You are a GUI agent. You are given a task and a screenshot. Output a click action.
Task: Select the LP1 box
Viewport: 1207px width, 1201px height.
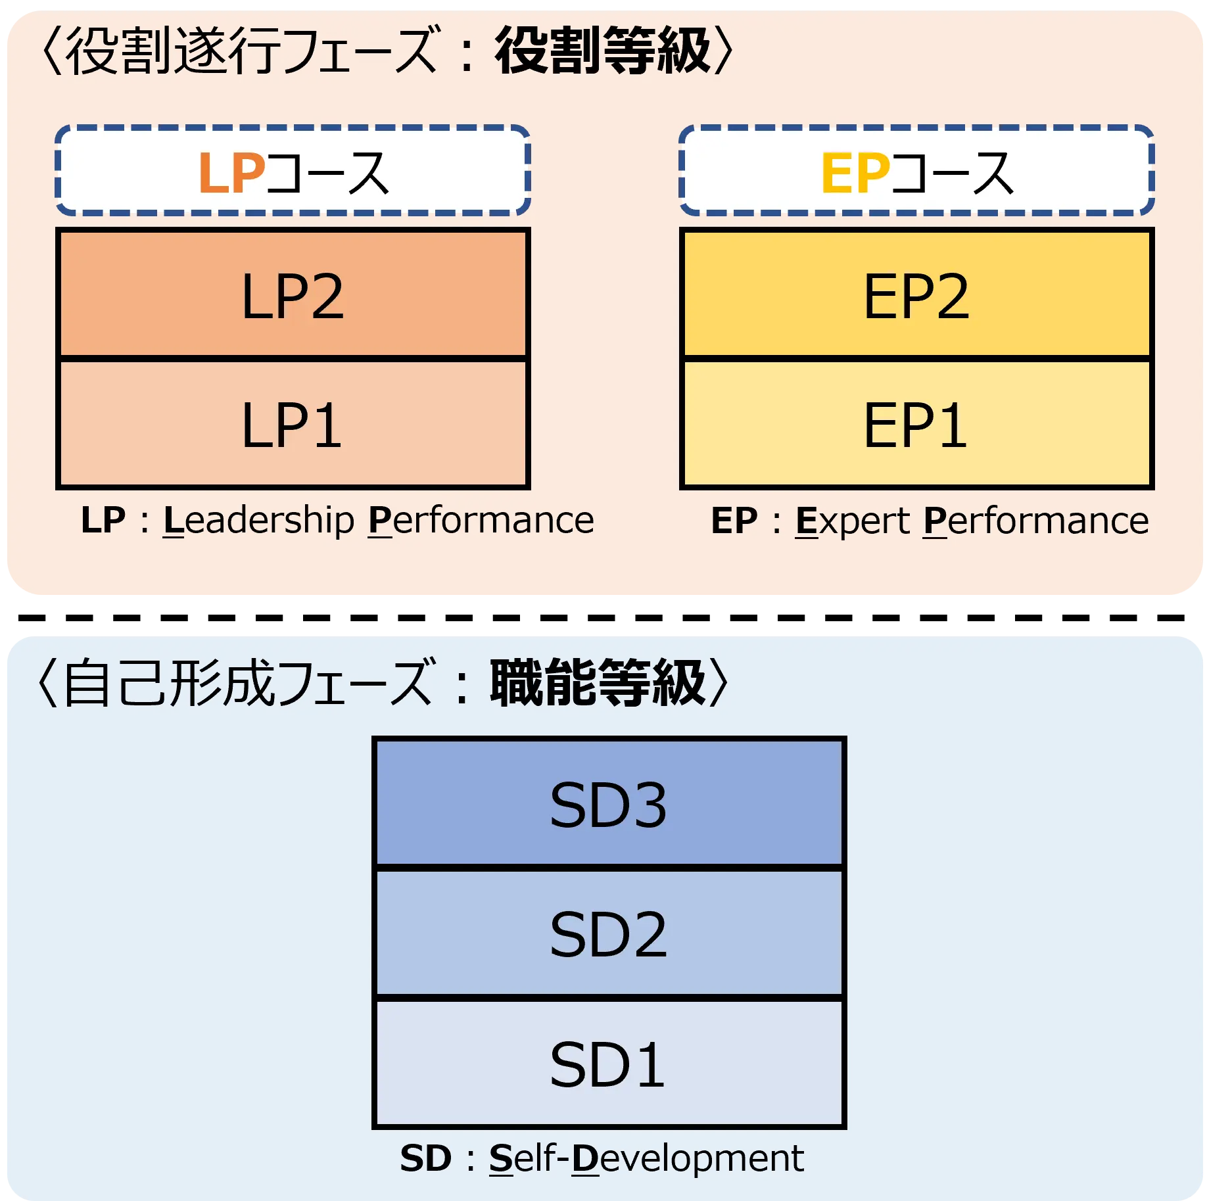click(293, 424)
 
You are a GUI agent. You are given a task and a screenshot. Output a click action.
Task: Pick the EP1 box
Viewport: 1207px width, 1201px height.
click(916, 424)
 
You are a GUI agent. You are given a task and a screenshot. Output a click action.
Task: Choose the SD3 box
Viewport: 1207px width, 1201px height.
click(609, 803)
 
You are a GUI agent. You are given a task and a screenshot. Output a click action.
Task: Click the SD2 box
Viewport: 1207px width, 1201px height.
click(609, 933)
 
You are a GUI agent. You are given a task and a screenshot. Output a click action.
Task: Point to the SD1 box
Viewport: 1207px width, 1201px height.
click(609, 1063)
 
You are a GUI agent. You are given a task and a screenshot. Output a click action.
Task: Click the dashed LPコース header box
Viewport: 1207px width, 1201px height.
click(293, 170)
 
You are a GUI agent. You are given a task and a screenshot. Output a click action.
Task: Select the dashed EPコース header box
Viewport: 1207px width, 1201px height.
click(916, 170)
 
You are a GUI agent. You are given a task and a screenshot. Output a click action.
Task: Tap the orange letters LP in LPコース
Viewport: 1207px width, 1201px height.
click(231, 173)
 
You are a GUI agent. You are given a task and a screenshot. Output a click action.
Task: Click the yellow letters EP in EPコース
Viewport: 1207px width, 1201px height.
click(855, 173)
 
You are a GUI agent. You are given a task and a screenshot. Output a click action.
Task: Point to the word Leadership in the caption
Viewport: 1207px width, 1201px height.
click(259, 521)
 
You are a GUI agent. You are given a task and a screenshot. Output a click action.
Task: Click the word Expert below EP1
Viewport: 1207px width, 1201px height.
click(852, 521)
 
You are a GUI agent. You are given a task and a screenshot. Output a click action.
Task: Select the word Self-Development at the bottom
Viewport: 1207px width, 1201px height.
click(646, 1158)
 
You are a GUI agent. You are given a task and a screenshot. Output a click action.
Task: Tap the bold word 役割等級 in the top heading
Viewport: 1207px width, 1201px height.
click(602, 51)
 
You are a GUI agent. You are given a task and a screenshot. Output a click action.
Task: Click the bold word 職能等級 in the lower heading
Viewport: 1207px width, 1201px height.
click(598, 684)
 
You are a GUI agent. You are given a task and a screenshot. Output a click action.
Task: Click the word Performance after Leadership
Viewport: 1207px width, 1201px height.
click(481, 521)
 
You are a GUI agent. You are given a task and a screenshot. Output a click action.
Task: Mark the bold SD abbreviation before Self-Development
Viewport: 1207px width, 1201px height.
click(425, 1158)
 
